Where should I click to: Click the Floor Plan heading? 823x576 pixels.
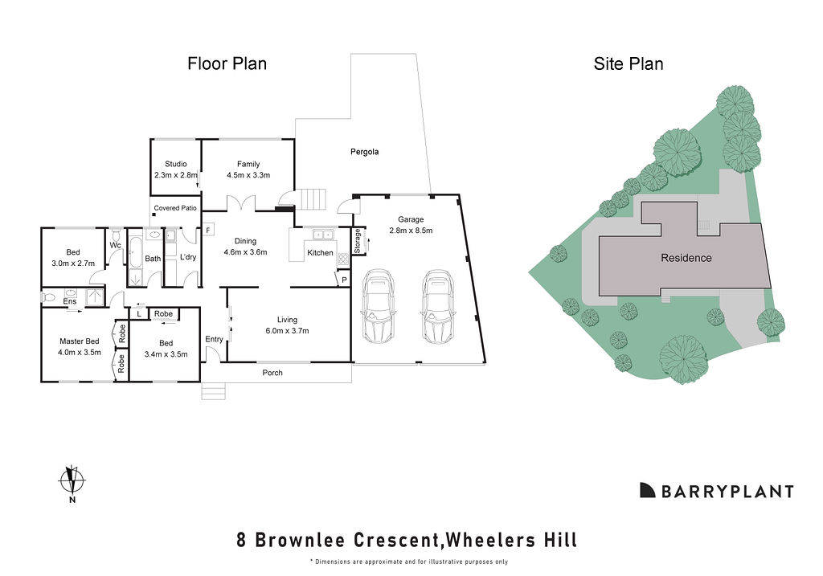(227, 63)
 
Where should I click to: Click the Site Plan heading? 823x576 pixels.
(629, 63)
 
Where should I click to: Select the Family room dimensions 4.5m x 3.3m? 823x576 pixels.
(248, 175)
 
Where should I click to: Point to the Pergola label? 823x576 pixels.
(364, 152)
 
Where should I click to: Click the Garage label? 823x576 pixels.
(411, 219)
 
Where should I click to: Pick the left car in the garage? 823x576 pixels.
(379, 305)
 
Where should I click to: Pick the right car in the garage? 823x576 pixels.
(436, 305)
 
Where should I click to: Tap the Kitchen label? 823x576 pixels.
(320, 253)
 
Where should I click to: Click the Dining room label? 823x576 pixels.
(245, 240)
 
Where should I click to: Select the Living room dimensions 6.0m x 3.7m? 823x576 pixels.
(287, 330)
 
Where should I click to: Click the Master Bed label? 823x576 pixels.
(80, 341)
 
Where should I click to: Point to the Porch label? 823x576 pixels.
(273, 373)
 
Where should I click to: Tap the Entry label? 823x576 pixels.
(214, 339)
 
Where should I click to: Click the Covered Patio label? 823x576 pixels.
(175, 208)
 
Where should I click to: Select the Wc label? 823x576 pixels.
(115, 245)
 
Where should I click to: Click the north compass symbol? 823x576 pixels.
(72, 481)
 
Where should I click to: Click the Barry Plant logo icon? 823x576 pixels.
(647, 490)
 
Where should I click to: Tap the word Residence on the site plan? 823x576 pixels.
(686, 258)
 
